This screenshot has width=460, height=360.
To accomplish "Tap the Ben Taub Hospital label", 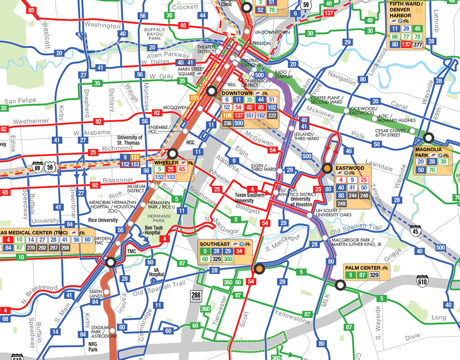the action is (142, 230).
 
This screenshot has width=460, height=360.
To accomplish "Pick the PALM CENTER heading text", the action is (362, 268).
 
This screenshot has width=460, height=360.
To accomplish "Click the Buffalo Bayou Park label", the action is (155, 34).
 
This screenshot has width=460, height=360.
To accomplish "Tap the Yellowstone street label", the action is (292, 317).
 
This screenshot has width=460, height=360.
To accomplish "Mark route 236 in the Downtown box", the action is (227, 123).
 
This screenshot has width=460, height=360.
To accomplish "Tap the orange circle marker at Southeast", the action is (259, 269).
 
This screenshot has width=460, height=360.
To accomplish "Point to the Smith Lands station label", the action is (96, 295).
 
